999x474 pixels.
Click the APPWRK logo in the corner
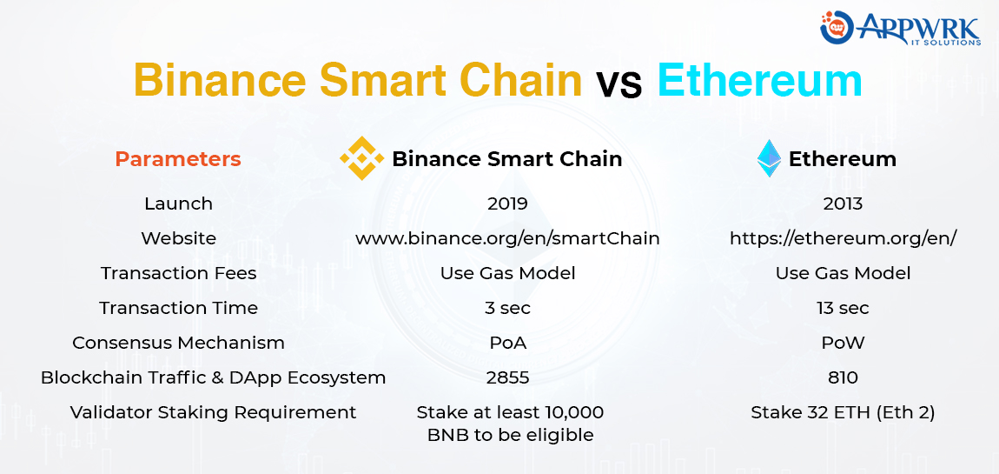point(901,28)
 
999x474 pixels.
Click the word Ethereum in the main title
point(759,80)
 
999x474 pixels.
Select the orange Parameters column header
point(178,159)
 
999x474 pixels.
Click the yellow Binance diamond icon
point(361,158)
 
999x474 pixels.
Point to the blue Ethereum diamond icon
point(769,158)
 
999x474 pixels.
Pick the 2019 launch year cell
point(507,204)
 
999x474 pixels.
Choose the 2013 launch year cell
point(843,204)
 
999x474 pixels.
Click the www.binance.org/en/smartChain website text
point(507,238)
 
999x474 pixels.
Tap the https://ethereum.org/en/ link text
point(843,238)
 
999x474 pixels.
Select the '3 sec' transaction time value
point(507,308)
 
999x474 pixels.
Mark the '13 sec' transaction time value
point(843,308)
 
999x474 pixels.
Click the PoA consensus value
point(507,343)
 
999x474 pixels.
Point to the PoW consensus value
point(843,343)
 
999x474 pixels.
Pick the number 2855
point(507,377)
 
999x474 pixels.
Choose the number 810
point(843,377)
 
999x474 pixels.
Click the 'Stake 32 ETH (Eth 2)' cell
point(843,412)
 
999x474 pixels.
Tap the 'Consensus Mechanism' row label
point(178,343)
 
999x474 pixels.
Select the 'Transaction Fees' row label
point(178,273)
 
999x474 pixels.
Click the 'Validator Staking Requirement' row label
point(213,412)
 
